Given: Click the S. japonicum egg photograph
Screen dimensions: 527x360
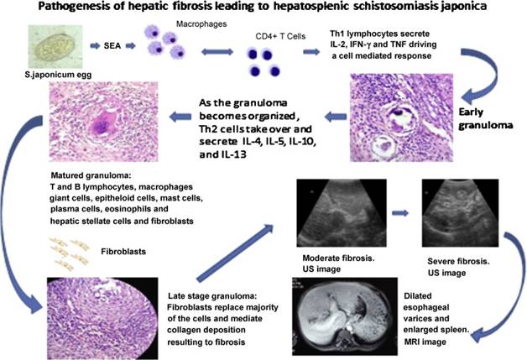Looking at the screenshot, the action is (55, 47).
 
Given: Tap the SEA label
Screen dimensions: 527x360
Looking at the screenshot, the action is (112, 45).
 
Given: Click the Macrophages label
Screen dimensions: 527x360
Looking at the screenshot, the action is (201, 24).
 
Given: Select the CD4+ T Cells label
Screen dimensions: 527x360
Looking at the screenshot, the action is (280, 36).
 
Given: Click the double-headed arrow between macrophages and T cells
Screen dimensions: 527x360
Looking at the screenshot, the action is (217, 52).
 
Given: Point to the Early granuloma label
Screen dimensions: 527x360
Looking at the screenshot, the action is (486, 118).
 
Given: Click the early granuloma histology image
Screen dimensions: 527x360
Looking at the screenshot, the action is (401, 117).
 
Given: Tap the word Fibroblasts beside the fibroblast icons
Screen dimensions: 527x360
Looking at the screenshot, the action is (123, 252).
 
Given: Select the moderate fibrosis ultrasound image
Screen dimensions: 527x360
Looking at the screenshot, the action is (342, 213).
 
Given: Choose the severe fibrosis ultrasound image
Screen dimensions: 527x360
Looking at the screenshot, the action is (460, 213).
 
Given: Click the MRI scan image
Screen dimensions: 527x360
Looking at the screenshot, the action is (345, 316).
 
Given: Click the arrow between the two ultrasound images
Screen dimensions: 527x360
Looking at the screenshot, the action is (400, 213).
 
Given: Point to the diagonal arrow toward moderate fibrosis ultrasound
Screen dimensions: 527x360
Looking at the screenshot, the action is (235, 253).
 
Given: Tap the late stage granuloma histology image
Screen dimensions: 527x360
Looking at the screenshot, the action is (102, 318).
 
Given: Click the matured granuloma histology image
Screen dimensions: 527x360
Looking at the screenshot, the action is (103, 122).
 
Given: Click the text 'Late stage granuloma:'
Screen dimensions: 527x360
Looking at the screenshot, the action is (212, 296).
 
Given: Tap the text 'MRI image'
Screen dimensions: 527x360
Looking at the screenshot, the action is (425, 342).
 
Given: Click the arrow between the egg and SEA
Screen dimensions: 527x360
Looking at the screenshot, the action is (95, 45).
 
